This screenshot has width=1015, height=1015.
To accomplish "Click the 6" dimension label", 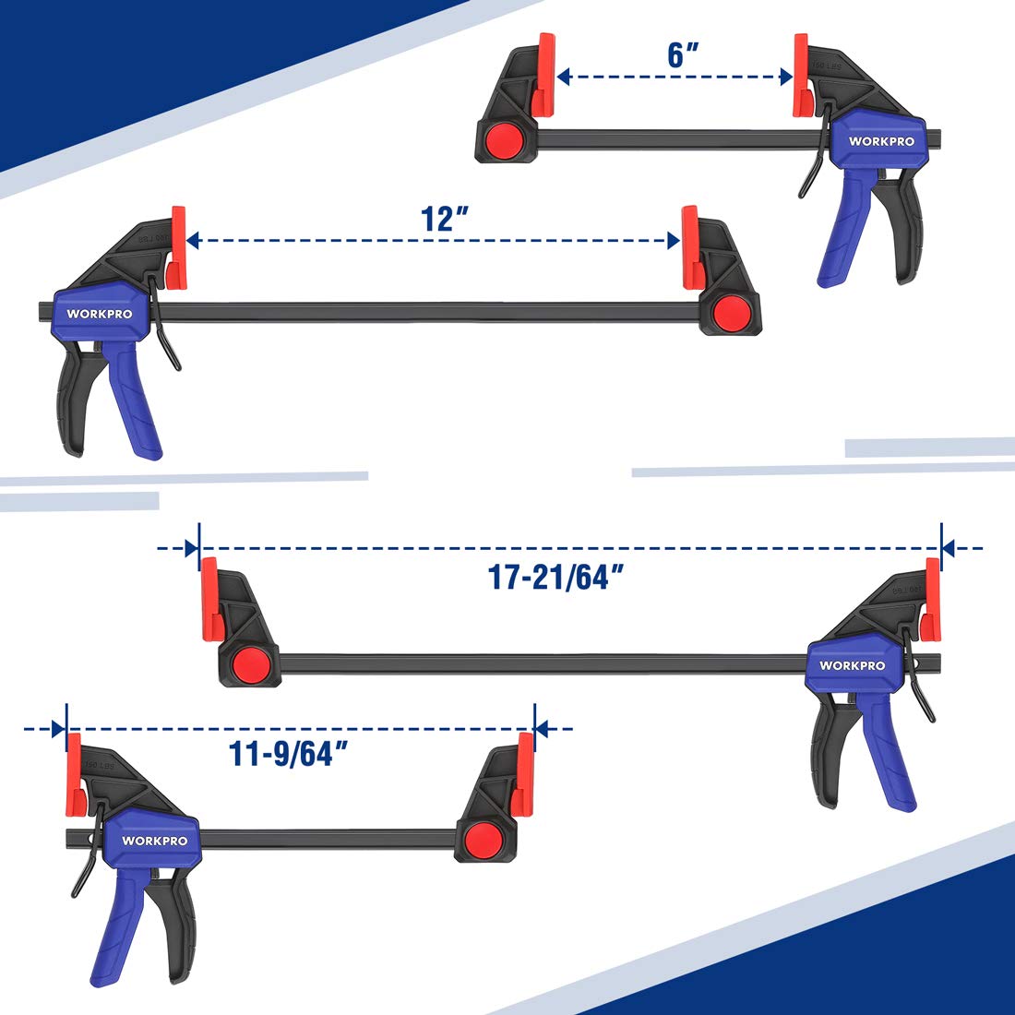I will [684, 54].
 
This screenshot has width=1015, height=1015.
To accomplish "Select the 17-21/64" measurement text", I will [556, 578].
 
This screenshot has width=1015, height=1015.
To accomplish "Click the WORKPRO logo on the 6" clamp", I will [881, 141].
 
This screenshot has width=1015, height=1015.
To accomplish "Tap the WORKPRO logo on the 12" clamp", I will [100, 314].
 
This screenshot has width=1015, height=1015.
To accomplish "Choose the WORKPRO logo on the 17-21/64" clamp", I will [852, 665].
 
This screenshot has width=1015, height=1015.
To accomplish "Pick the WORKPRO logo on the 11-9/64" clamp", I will [154, 841].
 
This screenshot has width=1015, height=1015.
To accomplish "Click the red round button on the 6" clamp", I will [505, 140].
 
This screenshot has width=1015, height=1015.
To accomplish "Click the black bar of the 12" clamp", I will [424, 312].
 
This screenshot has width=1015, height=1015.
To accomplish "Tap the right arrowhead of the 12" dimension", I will [673, 242].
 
